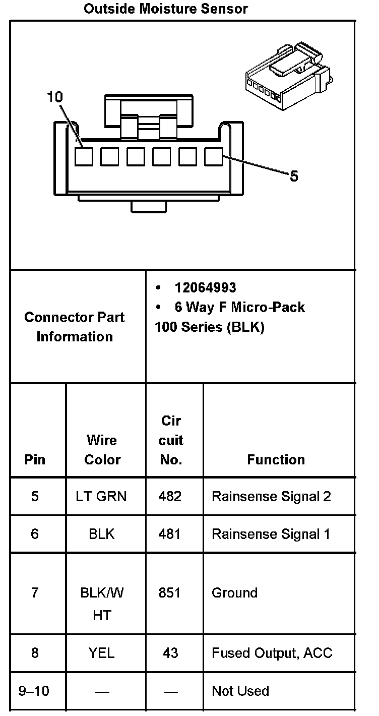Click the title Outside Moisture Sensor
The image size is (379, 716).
pos(166,9)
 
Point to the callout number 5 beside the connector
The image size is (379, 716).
pos(294,176)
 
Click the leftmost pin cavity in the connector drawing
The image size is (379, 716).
pos(84,157)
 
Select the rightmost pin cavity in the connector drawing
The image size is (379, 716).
pos(214,157)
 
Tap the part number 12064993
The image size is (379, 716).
pos(205,287)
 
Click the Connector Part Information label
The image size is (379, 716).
pos(75,327)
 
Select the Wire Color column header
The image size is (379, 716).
pos(102,450)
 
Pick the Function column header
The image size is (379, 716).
pos(276,459)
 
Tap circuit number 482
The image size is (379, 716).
pos(170,496)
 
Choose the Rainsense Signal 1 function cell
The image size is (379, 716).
pos(271,533)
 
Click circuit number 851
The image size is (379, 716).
pos(170,592)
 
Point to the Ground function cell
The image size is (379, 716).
pos(234,592)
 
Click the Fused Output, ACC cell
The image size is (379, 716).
pos(272,653)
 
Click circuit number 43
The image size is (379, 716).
pos(170,653)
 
